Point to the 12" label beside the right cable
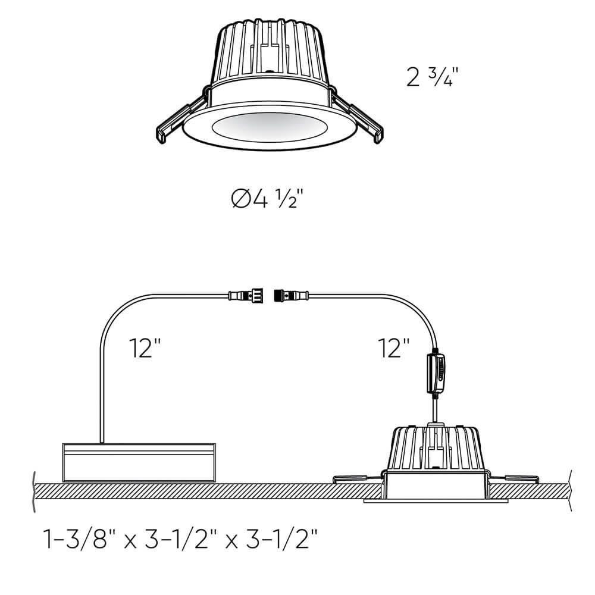pyautogui.click(x=394, y=347)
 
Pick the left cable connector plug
pyautogui.click(x=245, y=294)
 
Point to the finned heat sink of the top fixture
pyautogui.click(x=271, y=51)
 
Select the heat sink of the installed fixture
pyautogui.click(x=437, y=446)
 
